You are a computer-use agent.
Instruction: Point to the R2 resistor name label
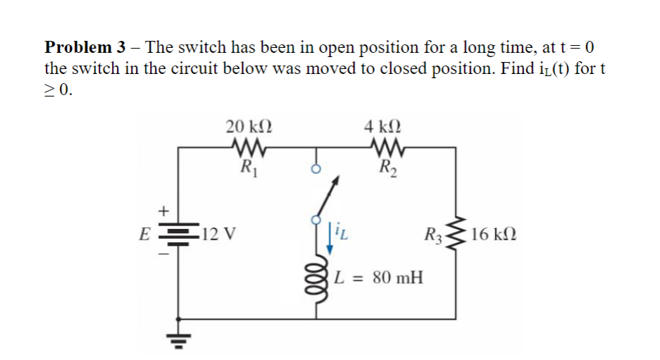(386, 168)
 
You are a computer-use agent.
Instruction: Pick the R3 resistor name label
(433, 235)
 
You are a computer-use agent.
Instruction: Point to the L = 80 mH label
(378, 276)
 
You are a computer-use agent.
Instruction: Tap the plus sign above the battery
(164, 210)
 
